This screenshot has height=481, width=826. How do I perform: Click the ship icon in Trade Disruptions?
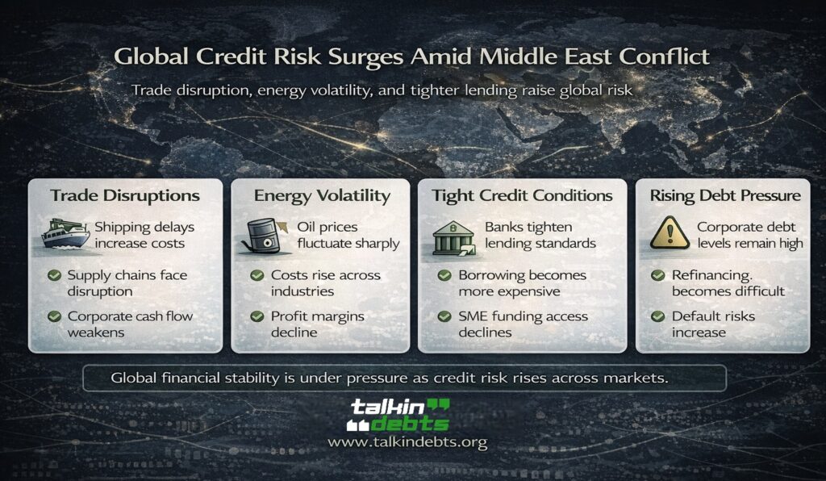coord(66,235)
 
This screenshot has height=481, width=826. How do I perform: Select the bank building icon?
coord(454,235)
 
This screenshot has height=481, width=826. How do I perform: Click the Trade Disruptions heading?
coord(125,195)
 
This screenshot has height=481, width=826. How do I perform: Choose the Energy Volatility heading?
coord(322,195)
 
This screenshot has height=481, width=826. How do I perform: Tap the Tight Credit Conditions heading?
coord(522,195)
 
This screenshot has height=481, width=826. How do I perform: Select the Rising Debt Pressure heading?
coord(725,195)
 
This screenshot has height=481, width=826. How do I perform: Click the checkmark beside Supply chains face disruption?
coord(54,276)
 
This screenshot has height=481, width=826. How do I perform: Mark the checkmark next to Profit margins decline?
coord(257,316)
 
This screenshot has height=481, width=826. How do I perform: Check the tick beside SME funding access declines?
coord(444,316)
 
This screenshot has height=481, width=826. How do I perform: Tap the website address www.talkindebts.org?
coord(407,443)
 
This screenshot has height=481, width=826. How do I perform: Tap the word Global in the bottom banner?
coord(135,377)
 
